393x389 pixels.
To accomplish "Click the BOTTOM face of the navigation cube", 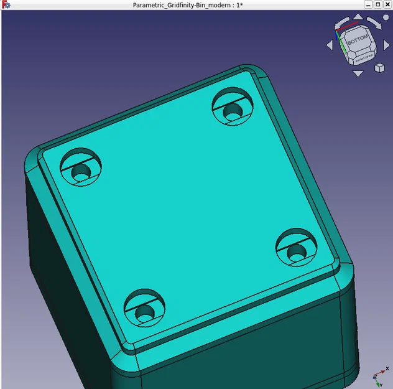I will coord(358,40).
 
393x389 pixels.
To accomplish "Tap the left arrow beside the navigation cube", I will coord(330,45).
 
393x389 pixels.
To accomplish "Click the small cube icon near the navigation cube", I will coord(379,67).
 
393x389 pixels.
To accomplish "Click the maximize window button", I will coord(377,4).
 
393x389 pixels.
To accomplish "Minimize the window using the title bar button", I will coord(368,4).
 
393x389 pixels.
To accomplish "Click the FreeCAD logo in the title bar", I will coord(5,5).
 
